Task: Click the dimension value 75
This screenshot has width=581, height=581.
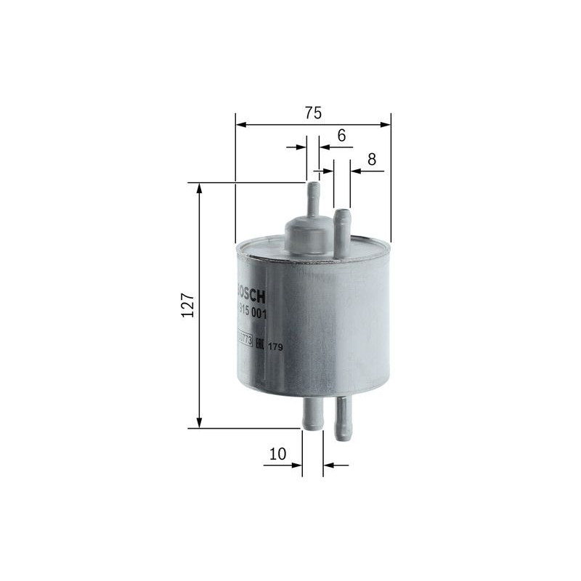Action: point(313,113)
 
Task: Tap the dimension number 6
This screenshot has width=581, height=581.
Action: point(341,135)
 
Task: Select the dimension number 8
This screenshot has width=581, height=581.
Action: point(372,160)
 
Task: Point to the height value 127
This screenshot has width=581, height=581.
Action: point(187,306)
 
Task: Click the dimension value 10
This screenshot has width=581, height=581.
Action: point(277,454)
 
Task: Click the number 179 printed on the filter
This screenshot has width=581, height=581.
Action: point(275,347)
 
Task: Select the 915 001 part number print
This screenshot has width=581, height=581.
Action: point(253,313)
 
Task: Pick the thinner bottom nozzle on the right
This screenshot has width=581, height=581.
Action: point(342,419)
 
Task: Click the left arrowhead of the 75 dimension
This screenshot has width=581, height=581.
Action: point(240,125)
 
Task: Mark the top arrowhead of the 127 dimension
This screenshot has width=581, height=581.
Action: point(199,188)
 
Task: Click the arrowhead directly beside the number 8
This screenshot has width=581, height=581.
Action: point(355,171)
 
